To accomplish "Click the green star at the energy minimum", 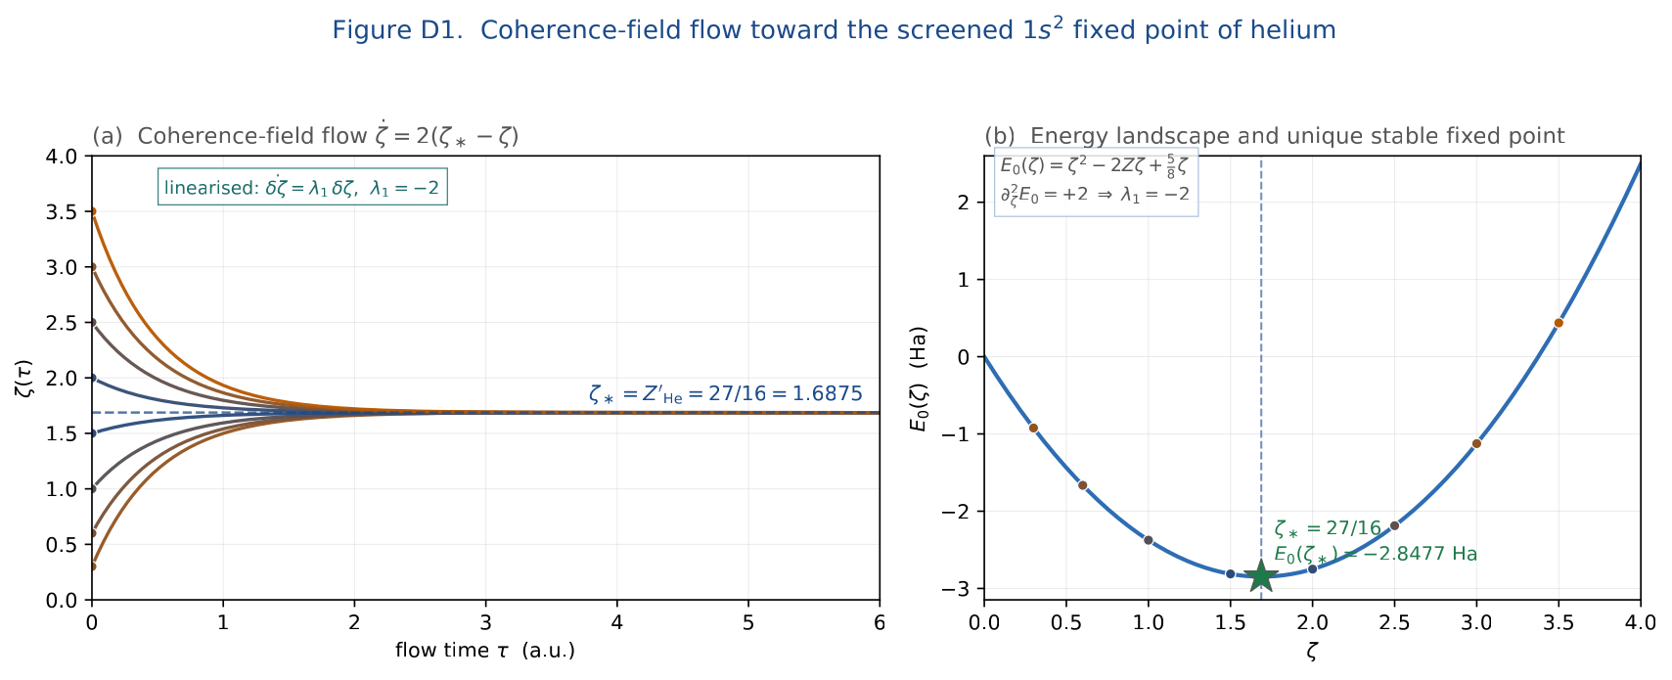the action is [x=1261, y=576].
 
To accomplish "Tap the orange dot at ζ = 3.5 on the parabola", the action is [x=1559, y=323].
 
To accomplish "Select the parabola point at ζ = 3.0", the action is [x=1476, y=444].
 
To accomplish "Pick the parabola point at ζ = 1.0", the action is [x=1148, y=540].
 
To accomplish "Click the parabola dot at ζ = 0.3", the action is [x=1033, y=428].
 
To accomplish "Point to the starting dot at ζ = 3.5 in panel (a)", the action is [x=92, y=211].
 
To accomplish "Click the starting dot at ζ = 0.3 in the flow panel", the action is [x=92, y=567].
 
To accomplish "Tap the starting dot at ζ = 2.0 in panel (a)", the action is [x=92, y=378].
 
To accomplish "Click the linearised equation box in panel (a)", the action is [x=302, y=187].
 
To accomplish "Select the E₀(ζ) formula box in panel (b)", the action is [x=1096, y=183].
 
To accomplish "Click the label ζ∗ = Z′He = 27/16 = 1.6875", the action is [x=726, y=394].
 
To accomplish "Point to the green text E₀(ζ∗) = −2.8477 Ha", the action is [x=1375, y=555].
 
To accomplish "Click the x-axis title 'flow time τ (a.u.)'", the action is [x=485, y=650].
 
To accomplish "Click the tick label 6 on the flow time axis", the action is [x=880, y=622].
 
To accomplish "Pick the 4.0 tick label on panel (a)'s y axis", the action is [x=62, y=157].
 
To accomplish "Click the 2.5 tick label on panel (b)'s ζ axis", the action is [x=1394, y=622].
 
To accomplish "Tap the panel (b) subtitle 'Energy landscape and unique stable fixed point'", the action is [x=1297, y=137].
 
